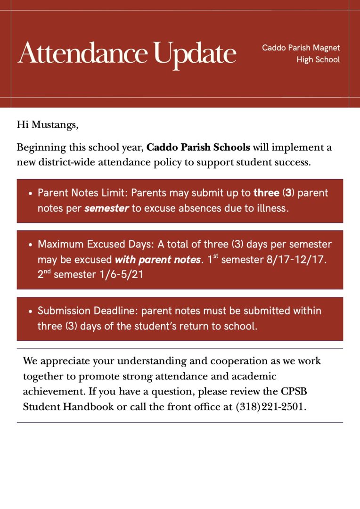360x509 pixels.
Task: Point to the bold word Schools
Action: pyautogui.click(x=231, y=148)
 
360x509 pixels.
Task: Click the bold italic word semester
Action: pyautogui.click(x=106, y=208)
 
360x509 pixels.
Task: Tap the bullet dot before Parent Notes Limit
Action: pyautogui.click(x=30, y=194)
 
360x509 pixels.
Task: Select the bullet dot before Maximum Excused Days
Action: pyautogui.click(x=30, y=245)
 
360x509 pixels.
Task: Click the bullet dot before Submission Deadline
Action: pyautogui.click(x=30, y=312)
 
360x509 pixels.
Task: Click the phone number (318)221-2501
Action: pyautogui.click(x=270, y=407)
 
